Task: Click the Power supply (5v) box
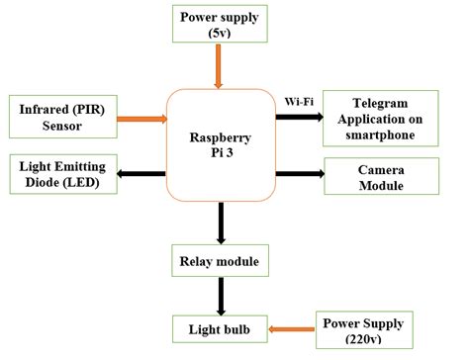(221, 24)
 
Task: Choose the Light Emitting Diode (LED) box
(61, 173)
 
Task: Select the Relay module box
(221, 263)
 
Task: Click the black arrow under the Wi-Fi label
(300, 117)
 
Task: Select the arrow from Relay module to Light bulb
(221, 295)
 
